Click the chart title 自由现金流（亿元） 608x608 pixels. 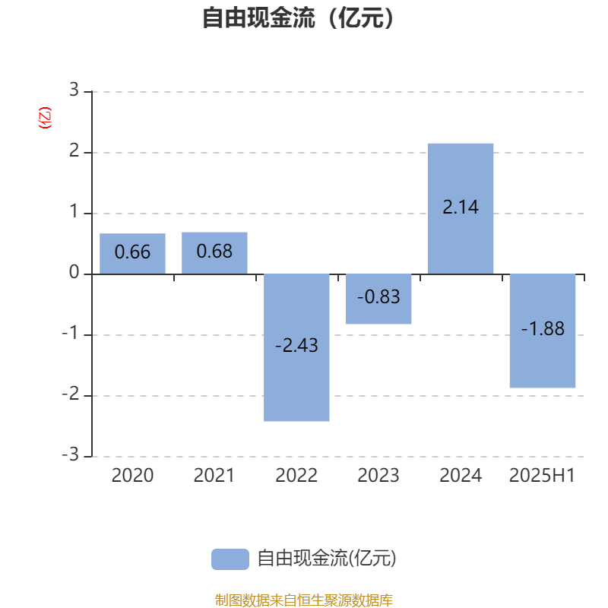[x=298, y=17]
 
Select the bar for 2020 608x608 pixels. [x=132, y=254]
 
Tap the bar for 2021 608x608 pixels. [x=214, y=253]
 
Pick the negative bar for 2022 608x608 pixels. [x=296, y=347]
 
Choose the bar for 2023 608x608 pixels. [x=378, y=299]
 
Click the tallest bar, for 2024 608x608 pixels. [x=461, y=208]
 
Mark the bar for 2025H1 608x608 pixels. [x=543, y=331]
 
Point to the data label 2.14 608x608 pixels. [x=461, y=207]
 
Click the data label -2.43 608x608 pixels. [x=296, y=345]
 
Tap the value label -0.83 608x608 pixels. [x=378, y=297]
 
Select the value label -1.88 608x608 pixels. [x=543, y=329]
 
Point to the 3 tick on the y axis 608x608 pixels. [x=74, y=90]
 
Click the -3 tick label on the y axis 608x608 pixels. [x=70, y=454]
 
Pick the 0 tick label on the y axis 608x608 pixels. [x=74, y=272]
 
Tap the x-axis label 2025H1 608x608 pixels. [x=542, y=476]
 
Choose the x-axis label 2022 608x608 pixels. [x=296, y=476]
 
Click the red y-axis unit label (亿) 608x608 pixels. [x=45, y=118]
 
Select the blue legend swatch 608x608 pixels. [x=230, y=559]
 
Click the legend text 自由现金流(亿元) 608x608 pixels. [x=327, y=559]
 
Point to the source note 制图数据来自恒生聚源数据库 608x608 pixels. [x=304, y=600]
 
